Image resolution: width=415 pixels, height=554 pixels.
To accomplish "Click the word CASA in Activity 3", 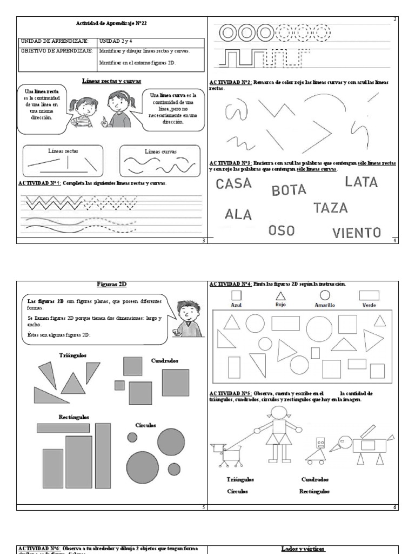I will tap(233, 183).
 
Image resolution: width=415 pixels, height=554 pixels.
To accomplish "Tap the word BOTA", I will tap(289, 190).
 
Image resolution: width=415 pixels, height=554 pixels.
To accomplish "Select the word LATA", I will tap(361, 182).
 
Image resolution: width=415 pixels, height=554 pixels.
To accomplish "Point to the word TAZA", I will tap(330, 208).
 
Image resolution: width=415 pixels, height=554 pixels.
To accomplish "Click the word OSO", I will tap(282, 230).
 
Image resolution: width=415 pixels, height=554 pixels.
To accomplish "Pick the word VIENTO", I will tap(356, 233).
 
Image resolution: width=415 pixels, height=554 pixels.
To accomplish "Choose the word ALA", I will tap(238, 214).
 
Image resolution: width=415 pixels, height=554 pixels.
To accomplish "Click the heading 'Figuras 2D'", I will tap(112, 284).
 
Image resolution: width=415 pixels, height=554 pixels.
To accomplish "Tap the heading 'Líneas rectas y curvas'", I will tap(111, 81).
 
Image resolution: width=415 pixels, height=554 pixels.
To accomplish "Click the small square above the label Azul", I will tap(236, 295).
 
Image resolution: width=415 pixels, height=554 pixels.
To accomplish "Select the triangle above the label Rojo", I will tap(280, 295).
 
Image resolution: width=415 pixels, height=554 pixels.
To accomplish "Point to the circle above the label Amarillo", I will tap(325, 295).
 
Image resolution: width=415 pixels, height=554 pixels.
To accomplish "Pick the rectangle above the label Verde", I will tap(369, 295).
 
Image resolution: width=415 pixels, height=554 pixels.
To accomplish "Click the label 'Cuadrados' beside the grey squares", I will tap(165, 360).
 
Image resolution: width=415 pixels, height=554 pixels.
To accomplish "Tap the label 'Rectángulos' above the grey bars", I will tap(74, 417).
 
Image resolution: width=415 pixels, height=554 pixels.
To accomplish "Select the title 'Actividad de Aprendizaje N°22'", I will tap(111, 23).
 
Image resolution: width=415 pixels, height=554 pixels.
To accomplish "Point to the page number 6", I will tap(395, 507).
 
